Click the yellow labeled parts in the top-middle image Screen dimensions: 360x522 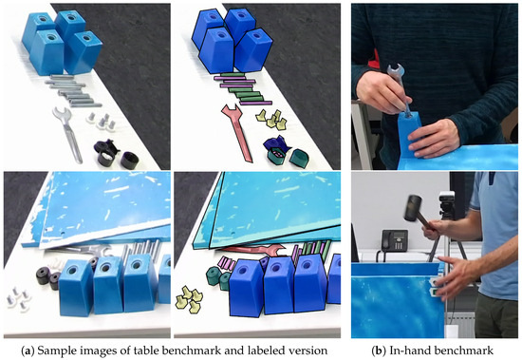(x=273, y=121)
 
